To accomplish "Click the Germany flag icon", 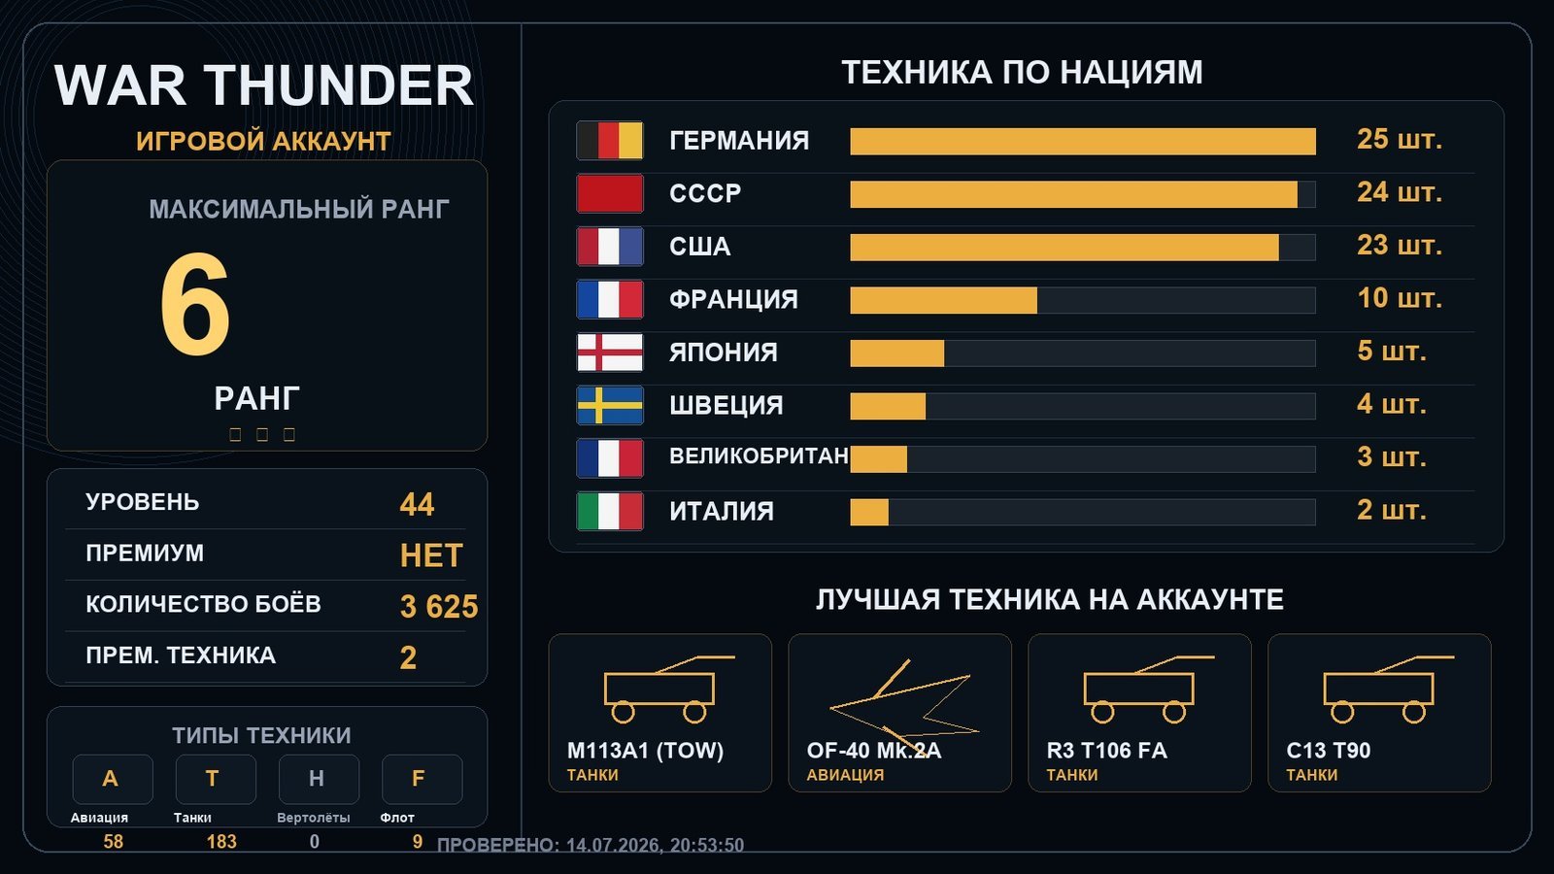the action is pos(610,140).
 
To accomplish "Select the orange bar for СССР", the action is pos(1073,194).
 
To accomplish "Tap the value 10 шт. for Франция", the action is pos(1400,298).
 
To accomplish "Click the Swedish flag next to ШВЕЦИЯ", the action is pos(610,405).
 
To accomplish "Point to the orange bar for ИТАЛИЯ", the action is pos(869,512).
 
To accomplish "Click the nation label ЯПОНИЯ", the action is pos(723,353).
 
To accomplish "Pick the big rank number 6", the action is pos(195,304).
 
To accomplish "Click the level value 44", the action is pos(417,504).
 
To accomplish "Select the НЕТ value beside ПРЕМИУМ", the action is pos(431,555).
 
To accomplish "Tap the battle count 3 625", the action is pos(439,606).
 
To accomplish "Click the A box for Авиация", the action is pos(113,779).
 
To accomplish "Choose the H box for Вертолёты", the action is pos(320,779).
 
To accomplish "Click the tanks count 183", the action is pos(221,841).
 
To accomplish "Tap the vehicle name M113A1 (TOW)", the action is pos(645,751).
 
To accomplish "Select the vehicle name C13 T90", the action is pos(1329,751).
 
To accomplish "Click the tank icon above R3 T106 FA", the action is pos(1148,689).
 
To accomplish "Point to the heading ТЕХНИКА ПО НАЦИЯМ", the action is pos(1022,73).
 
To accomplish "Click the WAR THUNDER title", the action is pos(263,85).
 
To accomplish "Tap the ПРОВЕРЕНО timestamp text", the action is pos(591,845).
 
